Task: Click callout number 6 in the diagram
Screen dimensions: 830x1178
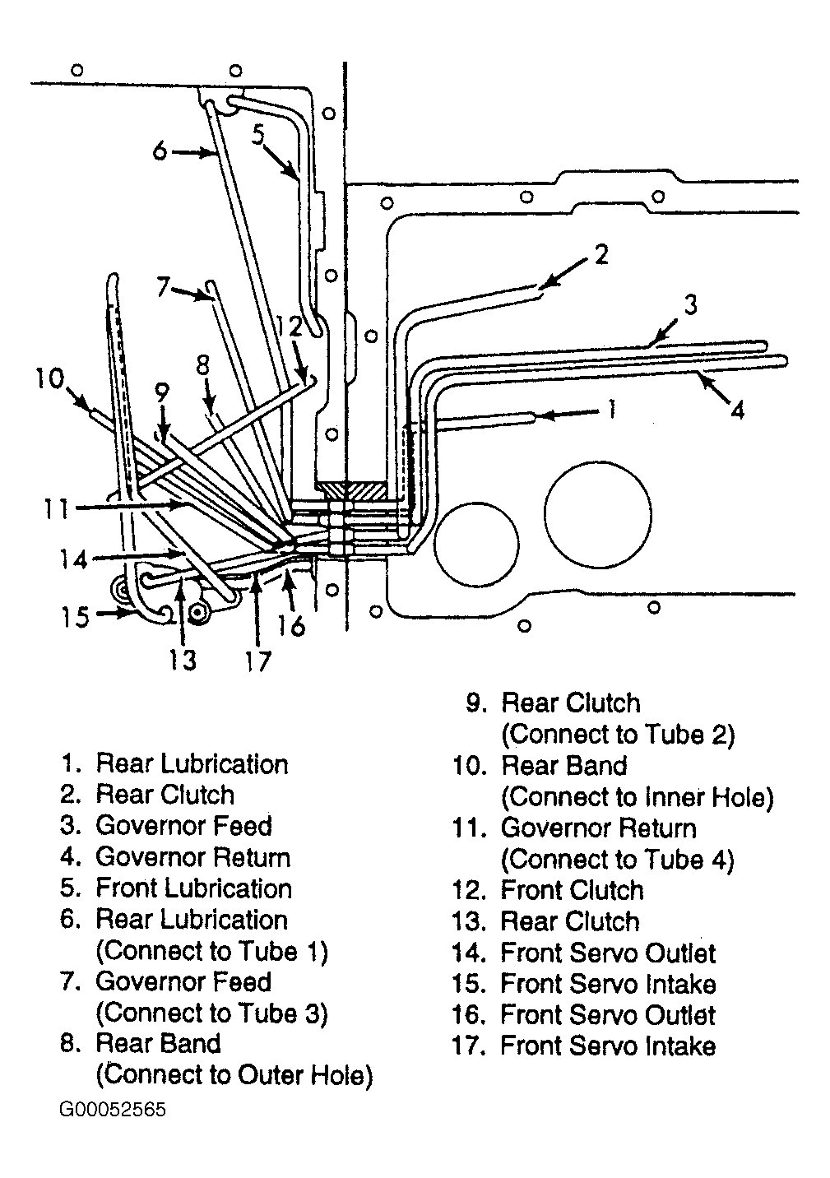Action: [160, 151]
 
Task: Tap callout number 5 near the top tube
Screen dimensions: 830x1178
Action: [257, 135]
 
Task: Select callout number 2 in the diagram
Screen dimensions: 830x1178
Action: [600, 254]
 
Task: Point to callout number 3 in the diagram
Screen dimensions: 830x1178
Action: [690, 305]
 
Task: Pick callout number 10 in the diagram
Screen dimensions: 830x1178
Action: [50, 378]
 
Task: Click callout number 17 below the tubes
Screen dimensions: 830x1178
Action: [257, 661]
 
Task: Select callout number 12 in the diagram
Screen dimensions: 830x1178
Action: [289, 327]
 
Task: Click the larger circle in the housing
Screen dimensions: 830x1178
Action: [598, 515]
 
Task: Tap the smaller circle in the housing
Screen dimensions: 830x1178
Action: [476, 545]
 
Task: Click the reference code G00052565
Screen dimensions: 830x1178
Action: [113, 1109]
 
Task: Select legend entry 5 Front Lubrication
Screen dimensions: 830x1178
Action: [176, 888]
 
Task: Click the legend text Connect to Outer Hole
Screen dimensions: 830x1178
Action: [234, 1075]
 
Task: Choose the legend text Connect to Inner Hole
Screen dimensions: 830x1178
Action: [638, 797]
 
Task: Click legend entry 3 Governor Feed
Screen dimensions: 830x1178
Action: [166, 826]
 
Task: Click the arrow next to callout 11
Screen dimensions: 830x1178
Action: [130, 507]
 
